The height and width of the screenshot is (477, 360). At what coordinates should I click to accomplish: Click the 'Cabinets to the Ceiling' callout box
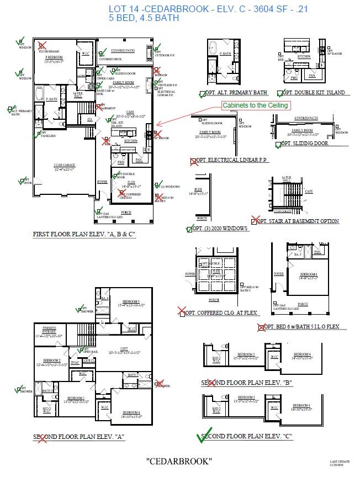point(255,105)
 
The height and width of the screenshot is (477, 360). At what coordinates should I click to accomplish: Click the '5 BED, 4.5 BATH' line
point(144,18)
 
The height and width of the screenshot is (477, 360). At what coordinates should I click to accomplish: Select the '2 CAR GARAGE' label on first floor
point(65,165)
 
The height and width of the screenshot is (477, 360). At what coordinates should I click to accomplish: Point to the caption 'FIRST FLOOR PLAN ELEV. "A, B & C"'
point(84,234)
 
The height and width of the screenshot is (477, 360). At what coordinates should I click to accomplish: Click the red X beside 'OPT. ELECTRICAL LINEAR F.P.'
point(194,161)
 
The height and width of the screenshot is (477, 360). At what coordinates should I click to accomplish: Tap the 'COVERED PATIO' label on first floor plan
point(123,50)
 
